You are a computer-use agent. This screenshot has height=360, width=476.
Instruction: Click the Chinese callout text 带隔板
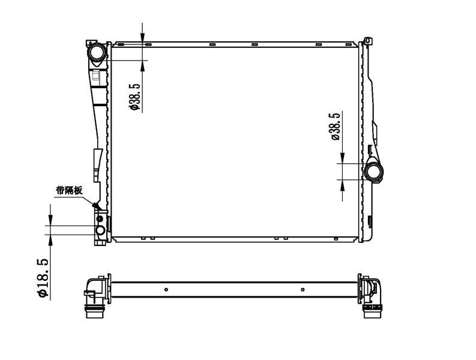pos(69,191)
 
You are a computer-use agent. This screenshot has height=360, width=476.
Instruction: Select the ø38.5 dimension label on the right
pos(335,126)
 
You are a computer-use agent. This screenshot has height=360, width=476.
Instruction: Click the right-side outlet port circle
pos(373,172)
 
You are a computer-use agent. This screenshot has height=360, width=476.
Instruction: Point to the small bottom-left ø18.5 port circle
pos(100,230)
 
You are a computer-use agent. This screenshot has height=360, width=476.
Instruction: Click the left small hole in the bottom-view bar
pos(166,290)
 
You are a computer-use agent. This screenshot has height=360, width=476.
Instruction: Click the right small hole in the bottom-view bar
pos(303,290)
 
